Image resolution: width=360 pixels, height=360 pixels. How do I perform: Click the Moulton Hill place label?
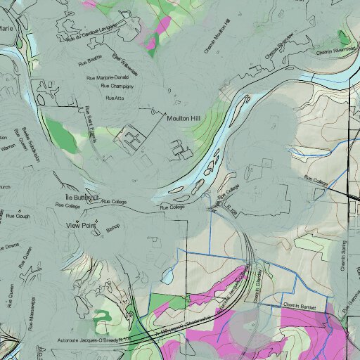[x=184, y=119]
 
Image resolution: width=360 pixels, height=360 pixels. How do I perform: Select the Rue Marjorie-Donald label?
[x=109, y=78]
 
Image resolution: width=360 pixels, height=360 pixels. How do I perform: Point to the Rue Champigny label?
[x=117, y=86]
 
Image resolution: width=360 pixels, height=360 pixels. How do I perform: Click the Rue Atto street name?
[x=114, y=98]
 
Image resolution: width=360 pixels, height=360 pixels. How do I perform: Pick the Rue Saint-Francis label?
[x=90, y=123]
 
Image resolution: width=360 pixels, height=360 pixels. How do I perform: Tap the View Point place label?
[x=79, y=225]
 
